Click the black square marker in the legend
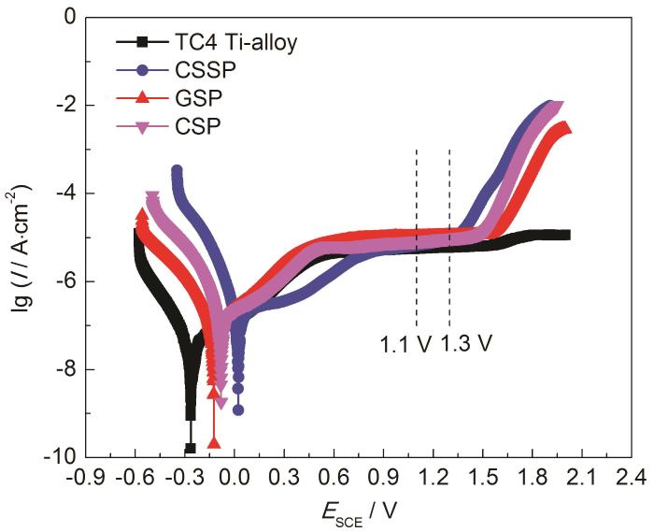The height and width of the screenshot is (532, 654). [x=141, y=42]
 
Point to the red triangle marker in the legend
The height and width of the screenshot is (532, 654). [x=141, y=98]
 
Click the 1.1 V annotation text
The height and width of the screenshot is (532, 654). [x=405, y=343]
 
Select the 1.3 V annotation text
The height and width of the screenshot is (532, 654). [x=464, y=343]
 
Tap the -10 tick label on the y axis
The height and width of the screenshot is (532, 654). [x=63, y=457]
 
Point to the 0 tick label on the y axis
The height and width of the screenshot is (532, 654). [x=74, y=17]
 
